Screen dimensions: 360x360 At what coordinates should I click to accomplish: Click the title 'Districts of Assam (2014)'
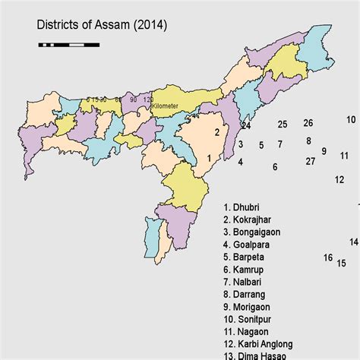click(x=103, y=27)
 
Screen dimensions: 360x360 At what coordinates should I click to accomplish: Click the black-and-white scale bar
click(x=68, y=45)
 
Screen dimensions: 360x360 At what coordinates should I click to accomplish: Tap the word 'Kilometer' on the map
click(x=165, y=106)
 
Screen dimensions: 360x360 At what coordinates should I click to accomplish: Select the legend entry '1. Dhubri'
click(x=246, y=207)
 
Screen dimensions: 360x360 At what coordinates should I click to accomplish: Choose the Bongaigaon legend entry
click(x=257, y=232)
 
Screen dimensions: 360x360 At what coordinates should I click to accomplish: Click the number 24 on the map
click(x=245, y=125)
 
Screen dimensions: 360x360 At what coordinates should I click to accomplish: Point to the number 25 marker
click(x=282, y=124)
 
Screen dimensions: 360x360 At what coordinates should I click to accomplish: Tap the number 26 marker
click(x=308, y=123)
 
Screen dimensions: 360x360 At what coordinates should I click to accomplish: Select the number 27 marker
click(x=310, y=161)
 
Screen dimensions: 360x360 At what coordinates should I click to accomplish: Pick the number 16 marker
click(x=327, y=257)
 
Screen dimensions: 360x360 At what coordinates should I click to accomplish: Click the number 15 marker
click(x=342, y=264)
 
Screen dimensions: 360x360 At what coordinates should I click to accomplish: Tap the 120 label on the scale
click(x=147, y=99)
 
